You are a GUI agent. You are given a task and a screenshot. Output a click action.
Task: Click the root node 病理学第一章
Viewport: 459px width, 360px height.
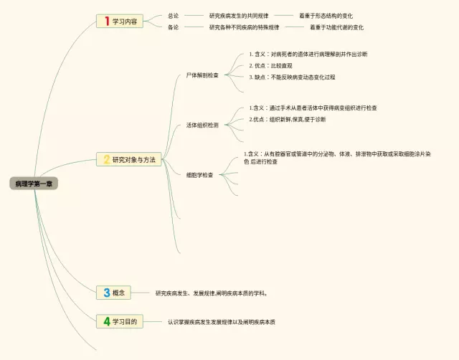pos(34,184)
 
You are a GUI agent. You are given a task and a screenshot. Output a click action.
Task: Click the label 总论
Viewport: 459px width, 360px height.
pos(173,16)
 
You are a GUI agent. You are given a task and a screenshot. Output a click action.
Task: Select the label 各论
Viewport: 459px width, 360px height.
pos(173,27)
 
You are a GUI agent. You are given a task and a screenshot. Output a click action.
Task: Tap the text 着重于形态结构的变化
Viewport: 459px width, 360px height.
pos(326,16)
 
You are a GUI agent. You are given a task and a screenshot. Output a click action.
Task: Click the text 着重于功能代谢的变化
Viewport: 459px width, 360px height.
pos(336,27)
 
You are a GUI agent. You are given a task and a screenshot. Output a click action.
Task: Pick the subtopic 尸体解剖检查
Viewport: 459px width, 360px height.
pos(203,75)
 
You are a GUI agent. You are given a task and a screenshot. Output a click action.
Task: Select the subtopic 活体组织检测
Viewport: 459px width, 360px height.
pos(203,125)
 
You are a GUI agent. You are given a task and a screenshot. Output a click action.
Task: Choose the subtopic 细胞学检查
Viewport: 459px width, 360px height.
pos(200,174)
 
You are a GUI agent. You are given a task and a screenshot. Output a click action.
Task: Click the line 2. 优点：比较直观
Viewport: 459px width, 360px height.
pos(270,65)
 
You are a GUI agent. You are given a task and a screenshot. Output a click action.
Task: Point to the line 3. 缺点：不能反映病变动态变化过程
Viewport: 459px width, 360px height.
pos(292,77)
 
